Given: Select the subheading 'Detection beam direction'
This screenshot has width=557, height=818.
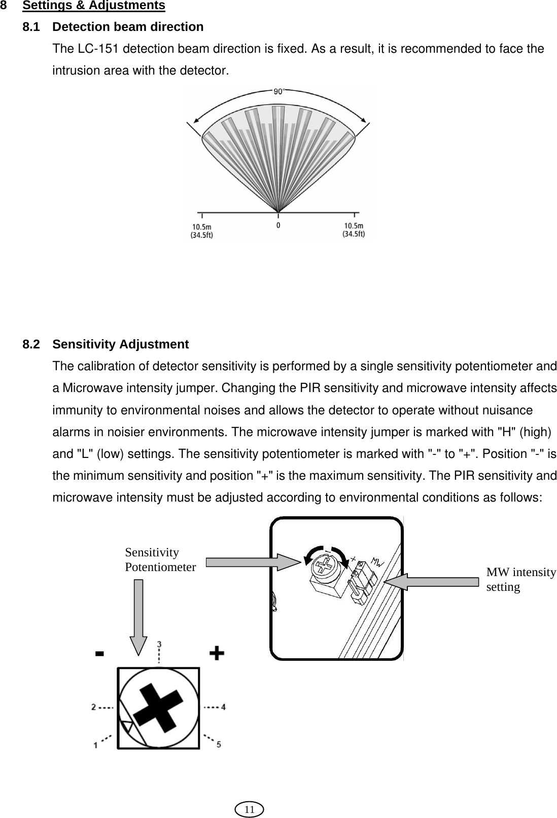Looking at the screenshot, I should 128,27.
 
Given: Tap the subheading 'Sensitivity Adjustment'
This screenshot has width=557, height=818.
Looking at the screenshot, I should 121,344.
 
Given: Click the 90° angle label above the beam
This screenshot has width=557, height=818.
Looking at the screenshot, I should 278,92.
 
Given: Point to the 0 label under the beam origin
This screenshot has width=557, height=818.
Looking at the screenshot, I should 278,225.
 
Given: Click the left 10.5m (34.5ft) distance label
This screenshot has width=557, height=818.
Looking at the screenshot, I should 202,230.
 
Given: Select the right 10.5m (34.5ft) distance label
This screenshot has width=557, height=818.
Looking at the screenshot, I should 354,230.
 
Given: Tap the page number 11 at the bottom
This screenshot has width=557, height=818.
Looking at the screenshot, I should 249,809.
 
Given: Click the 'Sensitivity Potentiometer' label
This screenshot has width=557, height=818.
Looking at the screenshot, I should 160,560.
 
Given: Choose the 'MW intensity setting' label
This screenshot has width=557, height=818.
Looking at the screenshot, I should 520,580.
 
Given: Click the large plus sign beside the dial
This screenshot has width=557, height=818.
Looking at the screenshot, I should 217,653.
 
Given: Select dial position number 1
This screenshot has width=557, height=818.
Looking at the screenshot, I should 95,745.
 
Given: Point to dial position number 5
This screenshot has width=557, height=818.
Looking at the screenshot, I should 219,744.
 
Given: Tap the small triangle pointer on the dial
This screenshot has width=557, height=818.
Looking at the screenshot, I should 127,727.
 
